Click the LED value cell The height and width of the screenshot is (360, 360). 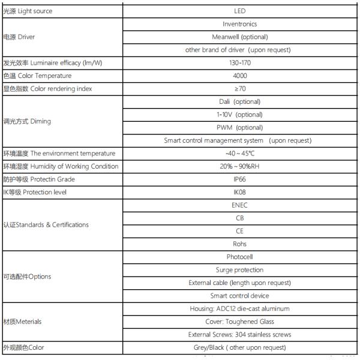coord(239,11)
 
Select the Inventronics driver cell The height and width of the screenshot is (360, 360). coord(239,24)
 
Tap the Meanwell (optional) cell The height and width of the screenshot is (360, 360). coord(239,37)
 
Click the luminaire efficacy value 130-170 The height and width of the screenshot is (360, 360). coord(239,63)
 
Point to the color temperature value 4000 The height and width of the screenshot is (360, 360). coord(239,76)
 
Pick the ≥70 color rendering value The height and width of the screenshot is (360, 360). coord(239,89)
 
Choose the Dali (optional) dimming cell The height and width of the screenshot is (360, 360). coord(239,101)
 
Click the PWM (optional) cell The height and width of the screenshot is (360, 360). coord(239,127)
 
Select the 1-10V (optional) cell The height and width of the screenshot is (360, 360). coord(239,115)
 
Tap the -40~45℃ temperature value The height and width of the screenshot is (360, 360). coord(239,154)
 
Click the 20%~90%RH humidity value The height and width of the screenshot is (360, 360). coord(239,166)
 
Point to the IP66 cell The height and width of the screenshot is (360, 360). coord(239,179)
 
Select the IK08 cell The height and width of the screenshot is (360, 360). coord(239,193)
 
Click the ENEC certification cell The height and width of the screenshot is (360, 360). coord(239,205)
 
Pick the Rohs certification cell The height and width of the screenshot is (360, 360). coord(239,244)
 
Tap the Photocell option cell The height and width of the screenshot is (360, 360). coord(239,257)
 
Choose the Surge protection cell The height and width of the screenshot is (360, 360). coord(239,270)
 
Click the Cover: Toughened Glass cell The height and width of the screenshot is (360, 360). coord(239,322)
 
